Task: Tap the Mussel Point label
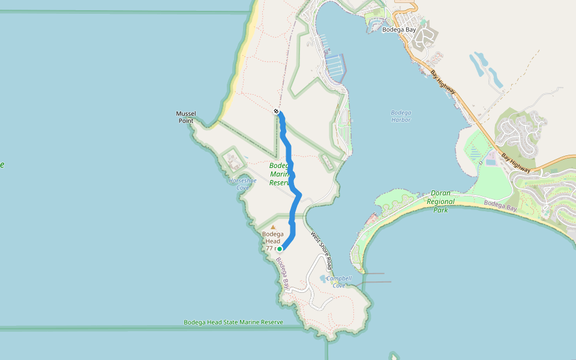(186, 117)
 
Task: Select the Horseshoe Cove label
(242, 184)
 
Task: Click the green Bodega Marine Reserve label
(280, 174)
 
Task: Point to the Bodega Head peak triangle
(273, 227)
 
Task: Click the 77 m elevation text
(271, 248)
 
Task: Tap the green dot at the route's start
(280, 248)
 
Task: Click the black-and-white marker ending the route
(276, 111)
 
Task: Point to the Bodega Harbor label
(401, 116)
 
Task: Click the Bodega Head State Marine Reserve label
(233, 322)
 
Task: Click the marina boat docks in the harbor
(335, 66)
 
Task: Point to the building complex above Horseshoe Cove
(233, 161)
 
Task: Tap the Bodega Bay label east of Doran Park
(500, 206)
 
